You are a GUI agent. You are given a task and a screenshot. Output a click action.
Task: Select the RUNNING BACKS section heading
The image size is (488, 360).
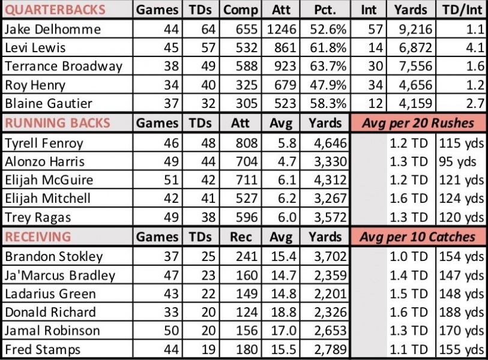tap(58, 123)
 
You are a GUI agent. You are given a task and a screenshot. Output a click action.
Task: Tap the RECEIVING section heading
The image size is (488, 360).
tap(38, 236)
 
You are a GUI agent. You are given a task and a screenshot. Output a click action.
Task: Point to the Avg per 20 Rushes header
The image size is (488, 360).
tap(417, 123)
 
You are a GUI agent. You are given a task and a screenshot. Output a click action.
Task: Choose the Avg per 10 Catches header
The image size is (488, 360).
tap(417, 236)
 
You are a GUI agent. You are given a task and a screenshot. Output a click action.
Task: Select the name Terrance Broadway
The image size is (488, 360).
tap(63, 66)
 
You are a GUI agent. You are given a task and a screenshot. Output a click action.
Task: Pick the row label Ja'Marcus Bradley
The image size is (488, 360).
tap(59, 275)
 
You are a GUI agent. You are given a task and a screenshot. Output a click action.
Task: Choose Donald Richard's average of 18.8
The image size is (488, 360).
tap(282, 312)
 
